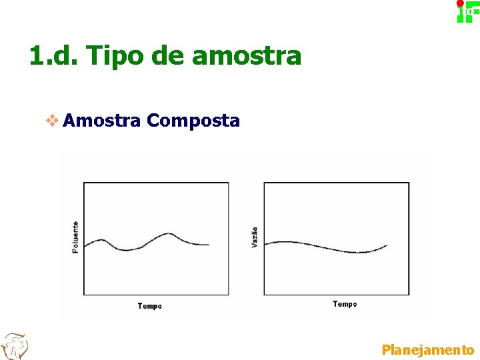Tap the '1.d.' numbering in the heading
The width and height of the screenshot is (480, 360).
point(54,56)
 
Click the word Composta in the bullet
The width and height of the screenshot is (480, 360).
point(193,121)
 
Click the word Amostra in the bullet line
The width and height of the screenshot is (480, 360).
point(103,121)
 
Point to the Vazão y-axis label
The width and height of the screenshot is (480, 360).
point(255,238)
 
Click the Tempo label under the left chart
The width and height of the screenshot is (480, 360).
point(149,306)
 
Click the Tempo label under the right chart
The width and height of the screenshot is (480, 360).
point(345,304)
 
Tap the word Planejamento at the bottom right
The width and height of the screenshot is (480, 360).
point(427,349)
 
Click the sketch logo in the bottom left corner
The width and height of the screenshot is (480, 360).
point(15,346)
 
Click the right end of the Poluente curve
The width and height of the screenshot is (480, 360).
point(209,245)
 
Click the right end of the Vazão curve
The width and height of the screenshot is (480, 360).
point(387,245)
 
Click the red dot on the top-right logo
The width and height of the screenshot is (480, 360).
point(460,3)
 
